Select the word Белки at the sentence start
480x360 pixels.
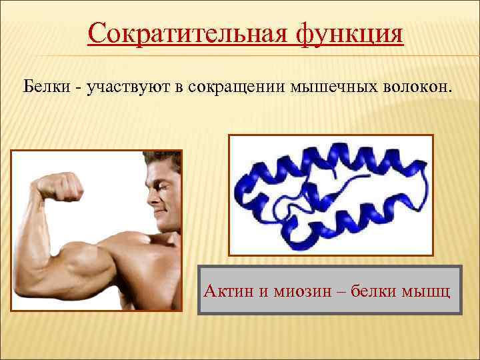[46, 87]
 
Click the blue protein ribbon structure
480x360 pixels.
[331, 193]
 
